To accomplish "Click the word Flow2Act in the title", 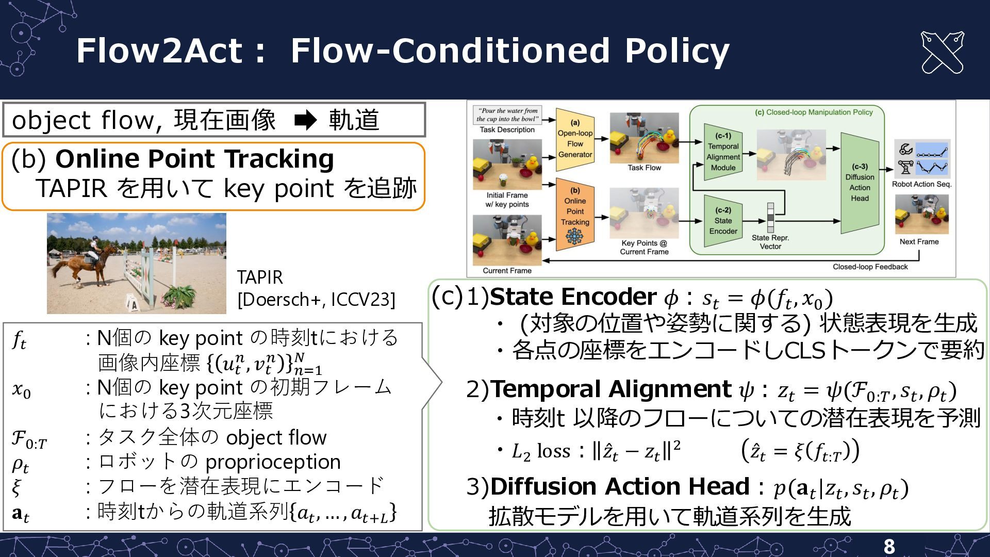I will [x=159, y=51].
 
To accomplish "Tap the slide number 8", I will [x=889, y=546].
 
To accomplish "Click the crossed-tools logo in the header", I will [x=942, y=53].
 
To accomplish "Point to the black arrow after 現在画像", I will [x=305, y=121].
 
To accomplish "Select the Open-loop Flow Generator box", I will [x=575, y=139].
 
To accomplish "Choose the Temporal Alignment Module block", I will [x=723, y=153].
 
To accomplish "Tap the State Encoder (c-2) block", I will [x=723, y=221].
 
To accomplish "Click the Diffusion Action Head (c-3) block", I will [x=860, y=183].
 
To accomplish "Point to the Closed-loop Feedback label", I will [x=870, y=267].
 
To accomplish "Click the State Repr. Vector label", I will [x=770, y=242].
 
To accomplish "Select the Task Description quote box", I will [x=508, y=115].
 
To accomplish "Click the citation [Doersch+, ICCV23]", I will [x=316, y=300].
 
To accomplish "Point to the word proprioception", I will [x=273, y=462].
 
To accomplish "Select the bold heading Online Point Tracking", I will [x=194, y=159].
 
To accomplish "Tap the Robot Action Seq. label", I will [x=921, y=184].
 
